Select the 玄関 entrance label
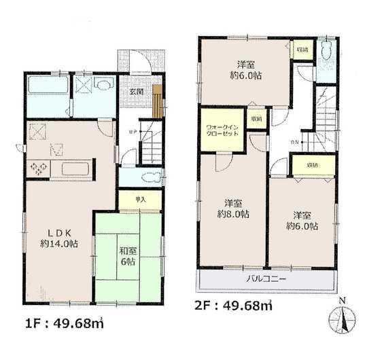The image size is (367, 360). click(x=135, y=92)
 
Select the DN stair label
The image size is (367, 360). click(x=294, y=141)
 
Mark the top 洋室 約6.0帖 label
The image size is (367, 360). click(x=246, y=70)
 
